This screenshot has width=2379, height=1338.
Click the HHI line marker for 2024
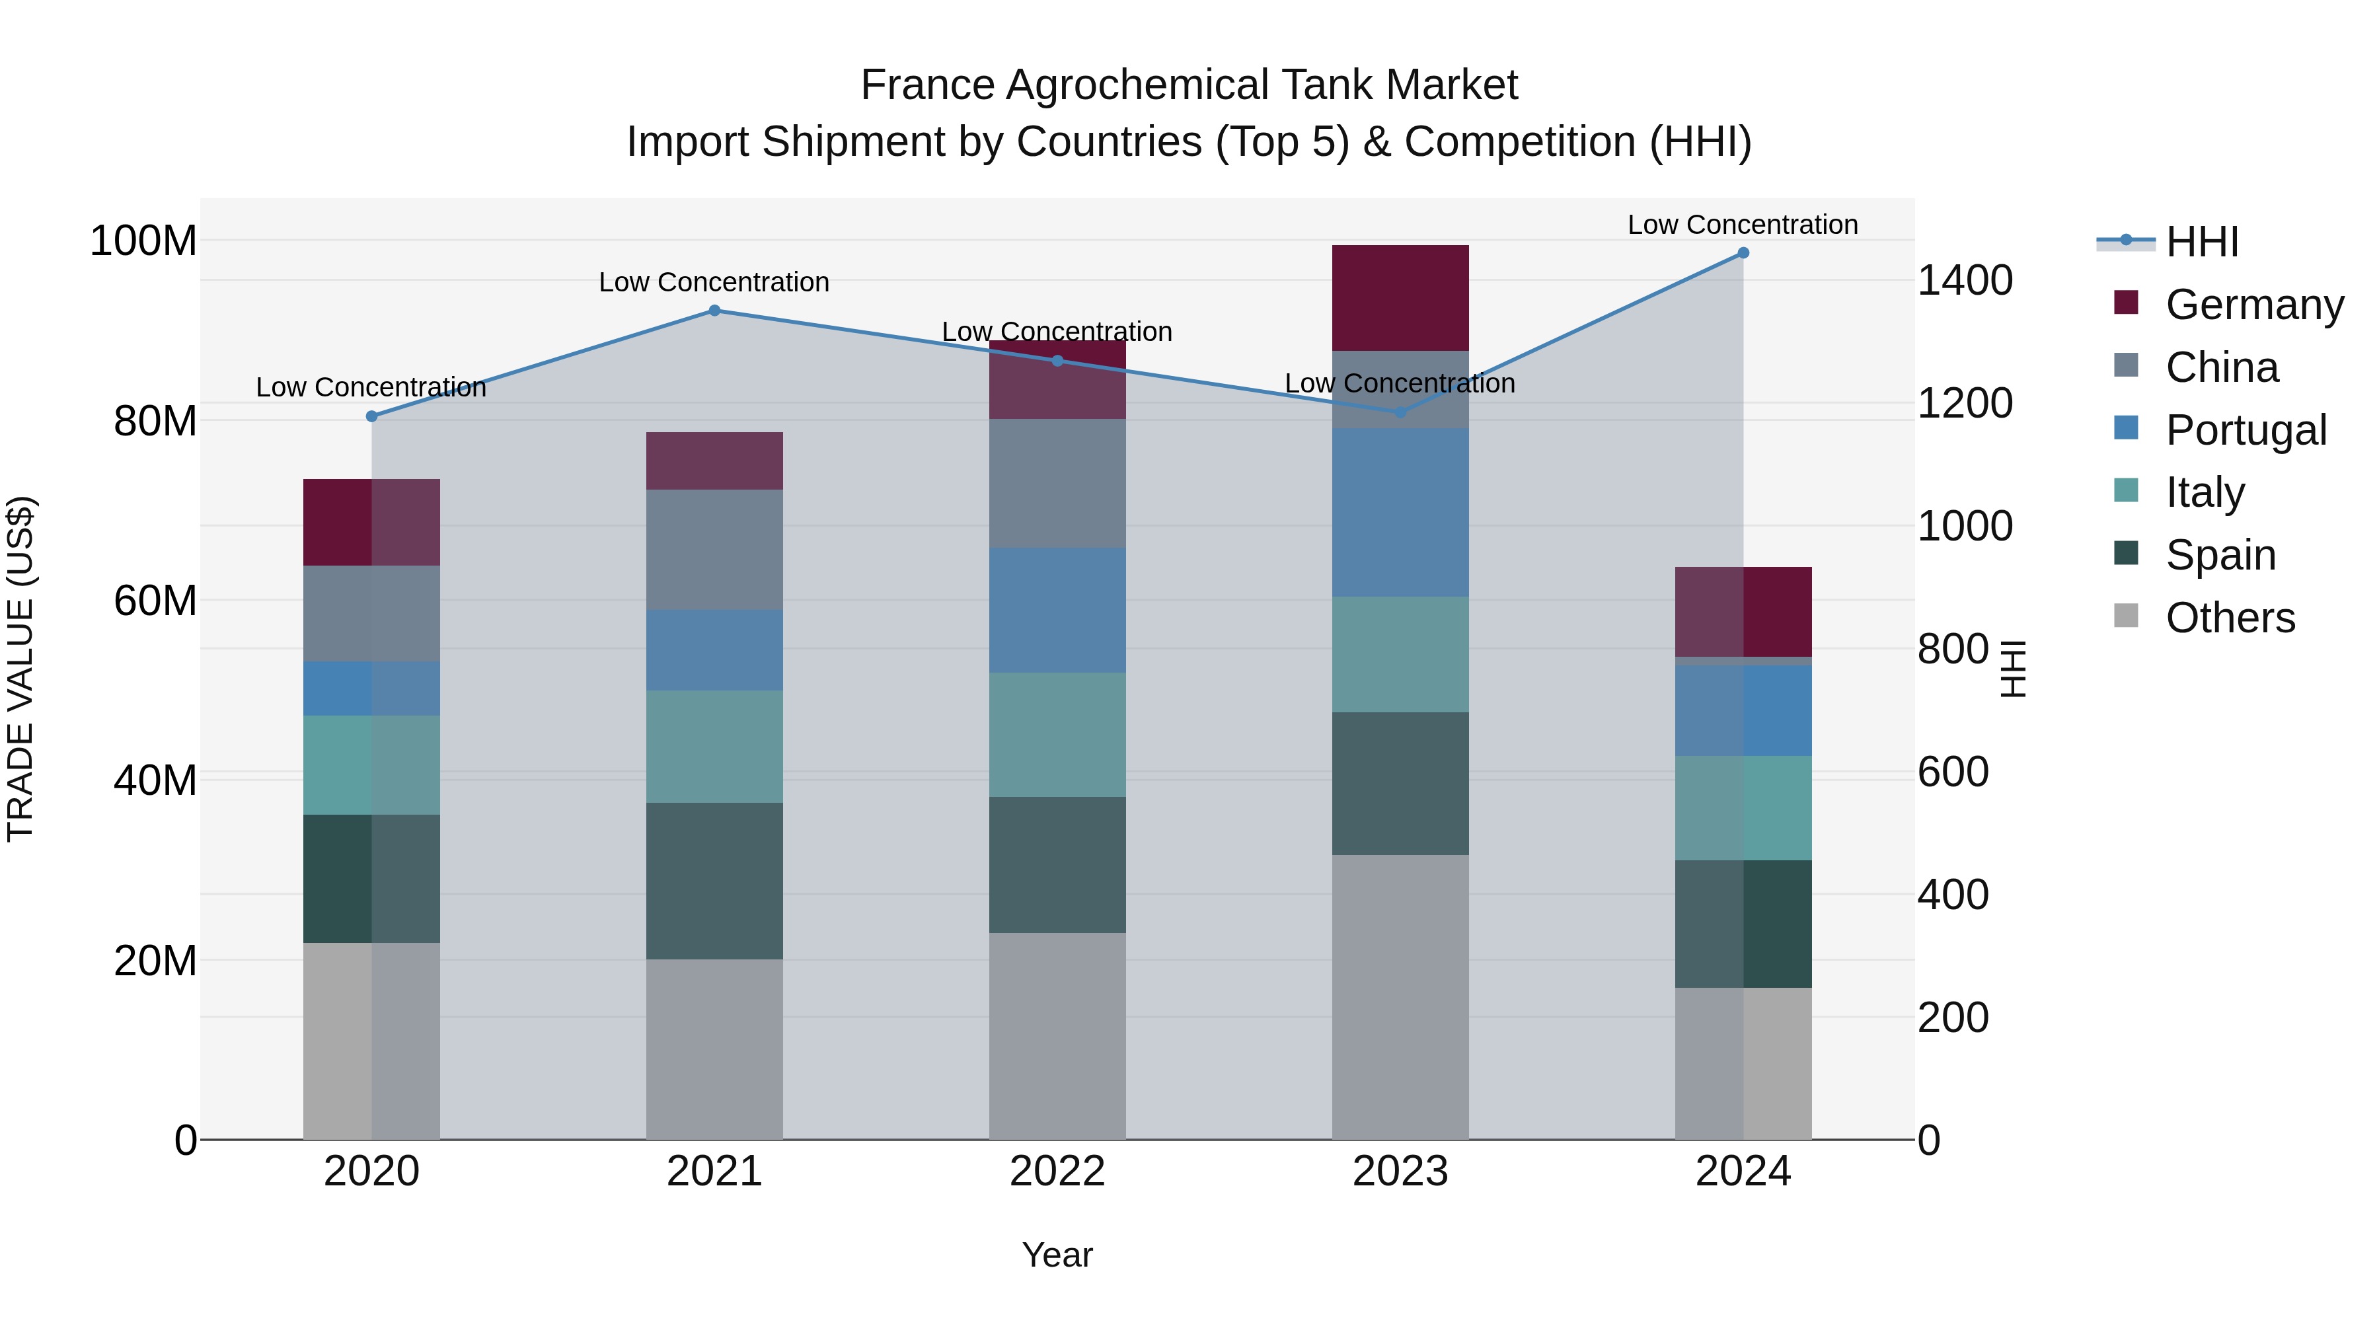(x=1743, y=253)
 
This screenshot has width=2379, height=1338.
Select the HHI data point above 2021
(x=714, y=311)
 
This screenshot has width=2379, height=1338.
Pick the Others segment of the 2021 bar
(x=714, y=1049)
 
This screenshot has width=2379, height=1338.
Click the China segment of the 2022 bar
(x=1057, y=483)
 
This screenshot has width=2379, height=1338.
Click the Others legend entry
(x=2230, y=618)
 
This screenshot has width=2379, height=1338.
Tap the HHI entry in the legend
(x=2202, y=242)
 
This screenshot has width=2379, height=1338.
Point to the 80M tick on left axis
(x=155, y=421)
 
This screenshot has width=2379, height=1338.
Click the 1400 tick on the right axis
(x=1965, y=281)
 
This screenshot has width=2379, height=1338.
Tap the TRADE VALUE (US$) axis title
(x=20, y=669)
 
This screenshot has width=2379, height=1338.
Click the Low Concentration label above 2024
(x=1742, y=225)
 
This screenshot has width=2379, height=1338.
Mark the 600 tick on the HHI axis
(x=1953, y=772)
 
